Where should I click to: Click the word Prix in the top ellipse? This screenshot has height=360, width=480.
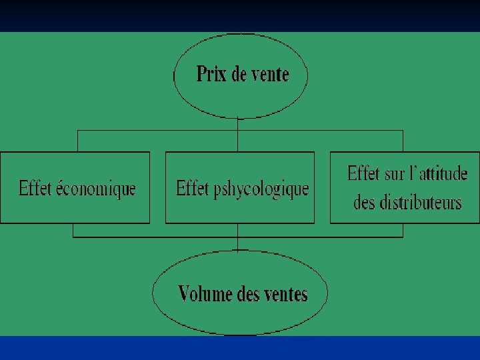point(211,73)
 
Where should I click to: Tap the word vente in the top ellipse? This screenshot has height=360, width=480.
point(270,74)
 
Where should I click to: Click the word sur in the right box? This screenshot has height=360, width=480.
point(394,175)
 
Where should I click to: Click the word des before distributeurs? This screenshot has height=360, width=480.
point(364,202)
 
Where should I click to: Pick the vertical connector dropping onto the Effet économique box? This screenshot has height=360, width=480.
point(78,141)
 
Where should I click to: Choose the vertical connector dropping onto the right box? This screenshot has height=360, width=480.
point(403,141)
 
